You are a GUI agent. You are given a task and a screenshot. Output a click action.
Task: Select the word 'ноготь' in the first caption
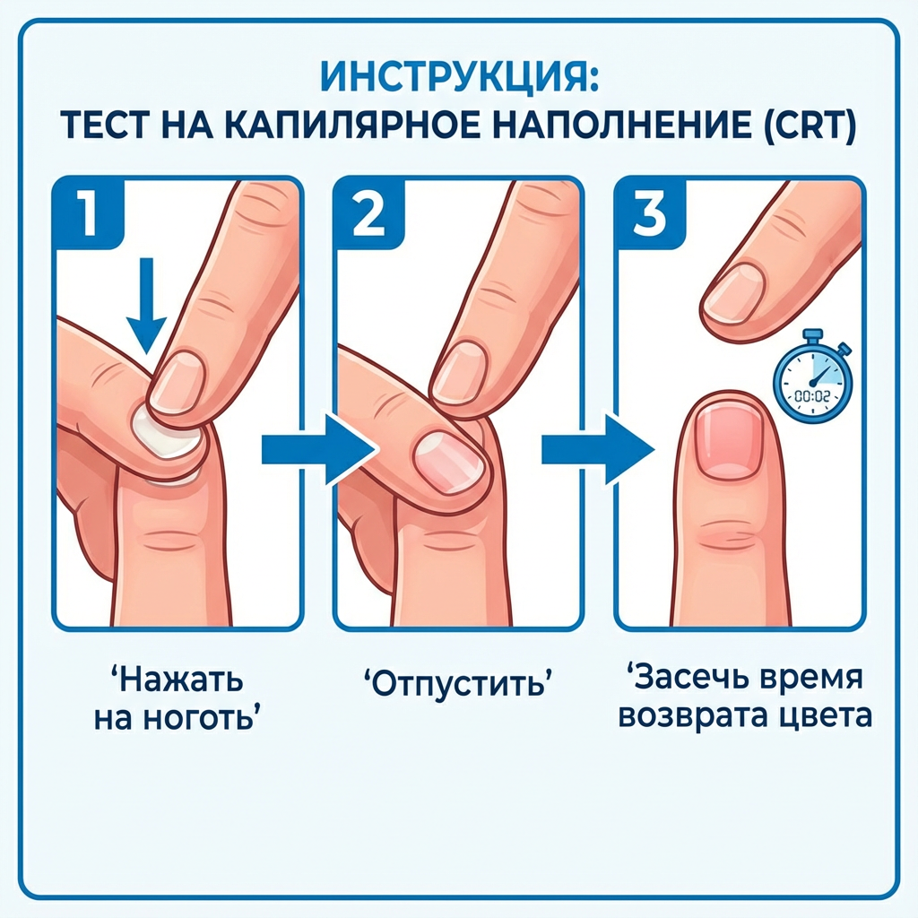(x=203, y=720)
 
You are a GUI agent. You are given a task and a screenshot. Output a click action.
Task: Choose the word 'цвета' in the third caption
(x=826, y=716)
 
